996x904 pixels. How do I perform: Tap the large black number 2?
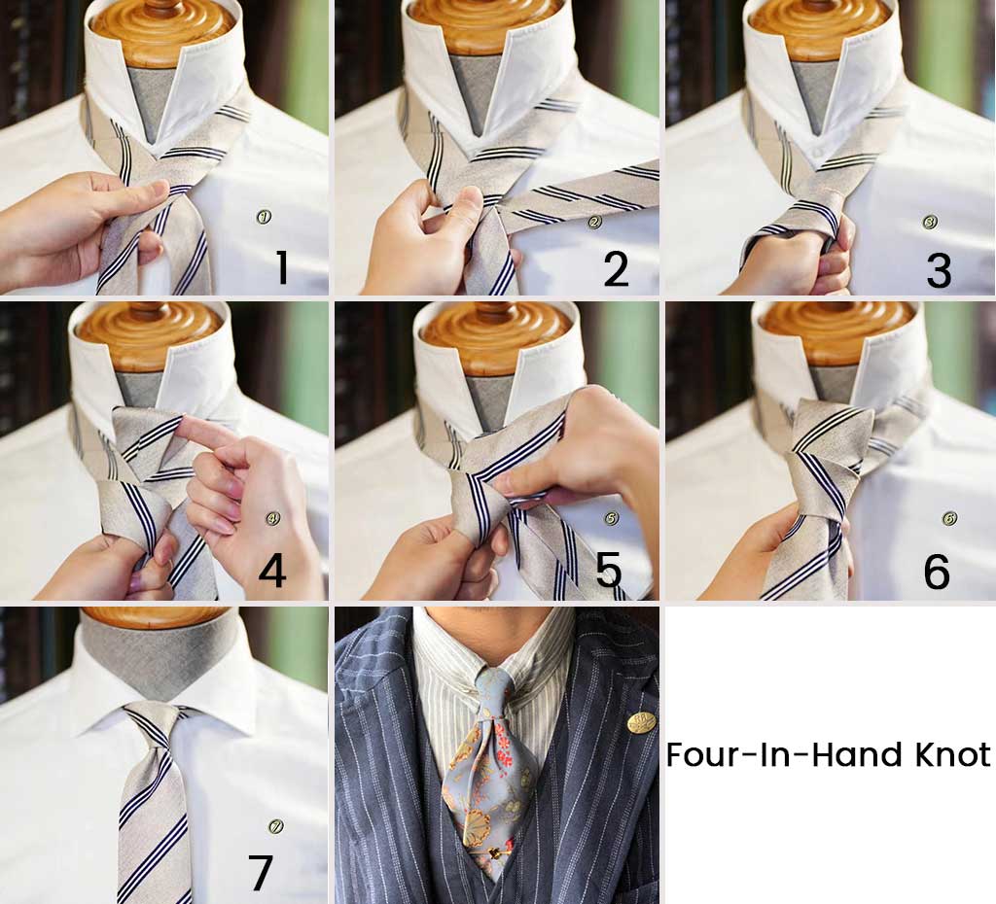(x=616, y=267)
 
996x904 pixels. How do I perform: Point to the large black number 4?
(x=272, y=571)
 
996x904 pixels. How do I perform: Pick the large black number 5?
(x=609, y=570)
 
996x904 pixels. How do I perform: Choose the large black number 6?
(x=937, y=572)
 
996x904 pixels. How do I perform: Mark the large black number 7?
(x=261, y=873)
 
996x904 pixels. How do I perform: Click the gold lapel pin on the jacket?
(x=642, y=722)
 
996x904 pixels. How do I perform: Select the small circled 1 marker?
(x=264, y=217)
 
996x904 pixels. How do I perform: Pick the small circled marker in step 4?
(x=273, y=519)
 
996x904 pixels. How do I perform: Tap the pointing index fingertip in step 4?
(x=187, y=423)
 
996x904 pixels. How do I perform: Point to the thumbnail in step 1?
(x=156, y=189)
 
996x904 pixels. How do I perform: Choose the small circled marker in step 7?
(x=275, y=826)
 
